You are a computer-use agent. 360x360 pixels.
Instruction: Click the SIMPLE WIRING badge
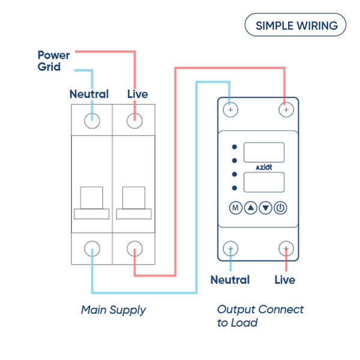(x=296, y=26)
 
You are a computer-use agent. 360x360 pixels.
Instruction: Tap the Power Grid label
(x=53, y=61)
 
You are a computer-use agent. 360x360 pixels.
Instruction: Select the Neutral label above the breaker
(x=89, y=94)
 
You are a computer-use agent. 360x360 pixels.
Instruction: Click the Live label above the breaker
(x=137, y=94)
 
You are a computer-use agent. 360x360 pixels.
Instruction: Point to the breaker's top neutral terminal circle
(x=92, y=120)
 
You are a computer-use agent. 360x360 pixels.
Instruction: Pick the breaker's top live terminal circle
(x=135, y=120)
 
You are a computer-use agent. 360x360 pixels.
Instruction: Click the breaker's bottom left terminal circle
(x=92, y=248)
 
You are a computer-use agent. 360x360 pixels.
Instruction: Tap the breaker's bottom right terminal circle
(x=135, y=248)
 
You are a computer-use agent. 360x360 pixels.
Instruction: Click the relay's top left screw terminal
(x=231, y=110)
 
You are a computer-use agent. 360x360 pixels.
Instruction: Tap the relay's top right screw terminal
(x=286, y=110)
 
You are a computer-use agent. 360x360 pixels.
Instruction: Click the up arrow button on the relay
(x=251, y=208)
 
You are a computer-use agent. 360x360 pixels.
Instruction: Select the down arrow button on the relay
(x=266, y=208)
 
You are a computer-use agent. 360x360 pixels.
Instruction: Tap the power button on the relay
(x=281, y=208)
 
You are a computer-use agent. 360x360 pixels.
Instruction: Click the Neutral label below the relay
(x=230, y=280)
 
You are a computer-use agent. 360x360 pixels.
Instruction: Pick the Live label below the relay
(x=285, y=280)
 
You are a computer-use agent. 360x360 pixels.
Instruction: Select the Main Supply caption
(x=113, y=310)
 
